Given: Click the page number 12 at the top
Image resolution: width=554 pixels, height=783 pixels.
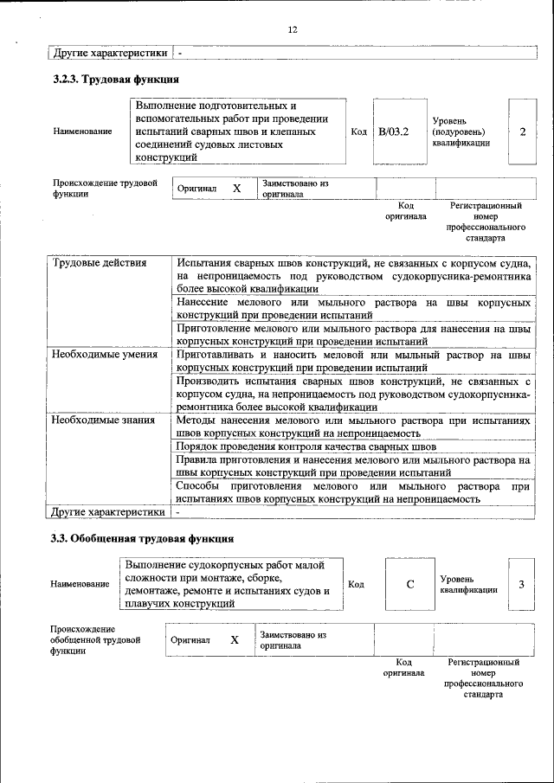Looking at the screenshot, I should pyautogui.click(x=293, y=29).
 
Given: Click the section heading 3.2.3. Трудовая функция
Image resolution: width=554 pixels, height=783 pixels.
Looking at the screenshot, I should pyautogui.click(x=115, y=80).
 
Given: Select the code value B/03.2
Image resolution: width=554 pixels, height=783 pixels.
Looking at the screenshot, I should pyautogui.click(x=394, y=132).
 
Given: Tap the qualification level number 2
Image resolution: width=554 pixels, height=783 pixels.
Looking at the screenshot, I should pyautogui.click(x=522, y=132).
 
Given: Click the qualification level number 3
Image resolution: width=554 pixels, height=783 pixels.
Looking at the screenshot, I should pyautogui.click(x=521, y=584).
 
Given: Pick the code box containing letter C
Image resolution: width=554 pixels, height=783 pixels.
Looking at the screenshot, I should pyautogui.click(x=410, y=584).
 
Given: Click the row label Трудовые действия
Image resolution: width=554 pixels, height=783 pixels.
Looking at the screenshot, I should pyautogui.click(x=99, y=263).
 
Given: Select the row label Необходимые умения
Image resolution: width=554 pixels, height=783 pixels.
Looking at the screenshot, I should pyautogui.click(x=104, y=354).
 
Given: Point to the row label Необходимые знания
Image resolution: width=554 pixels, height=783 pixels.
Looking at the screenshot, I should pyautogui.click(x=103, y=420).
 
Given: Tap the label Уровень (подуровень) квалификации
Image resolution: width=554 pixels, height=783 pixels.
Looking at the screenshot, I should pyautogui.click(x=460, y=132).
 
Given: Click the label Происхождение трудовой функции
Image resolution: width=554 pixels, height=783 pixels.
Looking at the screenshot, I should pyautogui.click(x=105, y=189).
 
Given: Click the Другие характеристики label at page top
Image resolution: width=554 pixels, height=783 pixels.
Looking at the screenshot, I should pyautogui.click(x=110, y=53).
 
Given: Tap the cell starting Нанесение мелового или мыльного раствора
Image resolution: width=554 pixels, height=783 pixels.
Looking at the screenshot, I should pyautogui.click(x=353, y=309).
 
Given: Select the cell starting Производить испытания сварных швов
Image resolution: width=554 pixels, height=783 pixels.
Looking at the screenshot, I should pyautogui.click(x=353, y=393).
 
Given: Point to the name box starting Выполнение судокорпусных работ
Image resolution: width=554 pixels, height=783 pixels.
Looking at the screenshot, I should pyautogui.click(x=232, y=584).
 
